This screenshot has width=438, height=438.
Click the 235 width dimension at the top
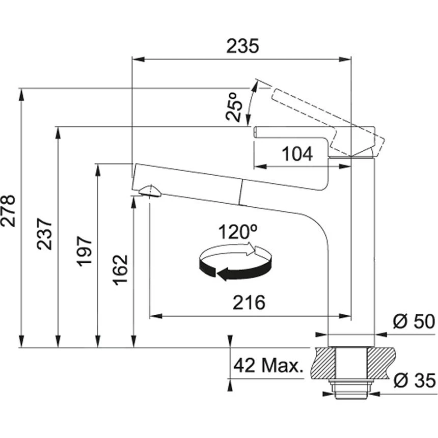click(x=242, y=46)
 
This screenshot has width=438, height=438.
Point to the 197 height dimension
click(x=85, y=251)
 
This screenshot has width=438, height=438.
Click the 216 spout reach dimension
click(x=249, y=303)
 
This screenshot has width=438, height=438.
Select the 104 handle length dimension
click(x=297, y=154)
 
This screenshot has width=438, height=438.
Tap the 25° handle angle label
click(x=234, y=106)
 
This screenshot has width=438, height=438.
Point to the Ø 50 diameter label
click(x=414, y=322)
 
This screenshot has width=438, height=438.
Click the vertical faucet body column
click(x=351, y=255)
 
